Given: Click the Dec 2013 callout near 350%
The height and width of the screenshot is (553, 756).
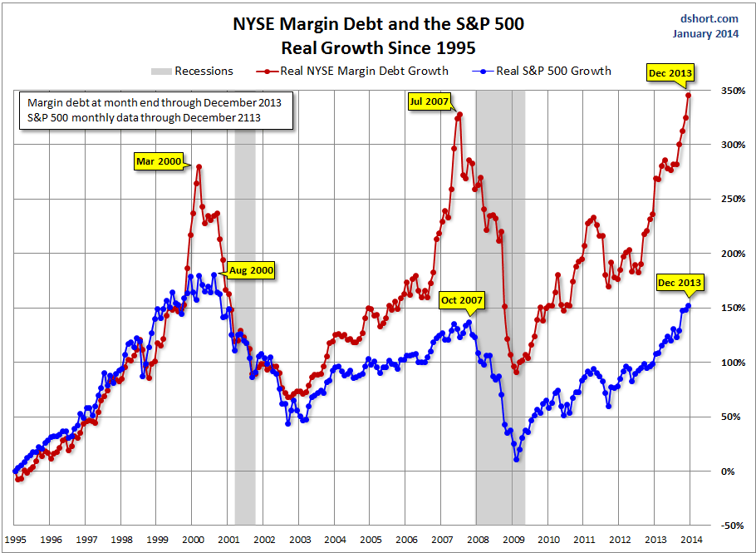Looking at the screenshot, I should [668, 73].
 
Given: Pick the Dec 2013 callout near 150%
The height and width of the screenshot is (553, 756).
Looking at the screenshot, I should [679, 283].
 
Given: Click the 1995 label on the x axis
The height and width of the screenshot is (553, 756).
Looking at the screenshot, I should [16, 539].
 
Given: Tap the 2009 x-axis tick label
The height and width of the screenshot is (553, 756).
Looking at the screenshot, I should [515, 539].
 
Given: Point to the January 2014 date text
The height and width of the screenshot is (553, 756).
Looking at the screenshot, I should [706, 33].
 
